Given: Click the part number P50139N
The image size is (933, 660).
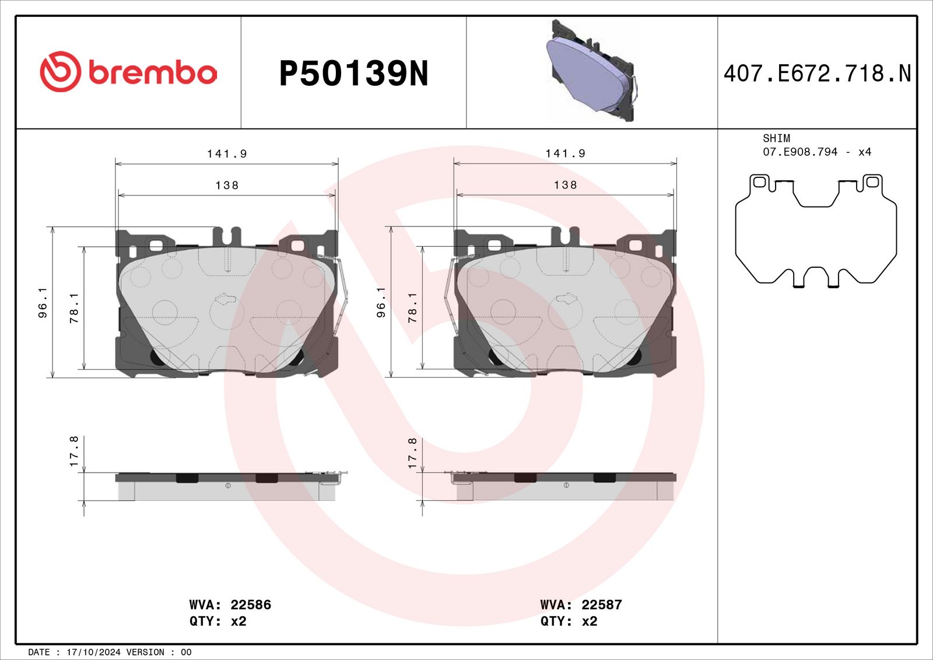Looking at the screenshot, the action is point(353,74).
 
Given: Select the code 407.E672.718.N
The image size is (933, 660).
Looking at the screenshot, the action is point(817,74).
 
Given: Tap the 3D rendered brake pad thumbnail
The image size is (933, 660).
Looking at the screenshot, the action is point(591,71).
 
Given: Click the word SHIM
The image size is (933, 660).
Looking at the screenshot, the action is point(776,138).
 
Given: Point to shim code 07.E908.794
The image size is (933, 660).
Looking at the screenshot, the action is point(800,152).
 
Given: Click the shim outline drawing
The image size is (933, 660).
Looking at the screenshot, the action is point(816,231).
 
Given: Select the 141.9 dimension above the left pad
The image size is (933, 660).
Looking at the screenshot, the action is point(227,154).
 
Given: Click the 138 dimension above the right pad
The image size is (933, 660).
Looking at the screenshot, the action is point(565,185).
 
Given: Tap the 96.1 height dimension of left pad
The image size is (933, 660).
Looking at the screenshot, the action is point(43,303).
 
